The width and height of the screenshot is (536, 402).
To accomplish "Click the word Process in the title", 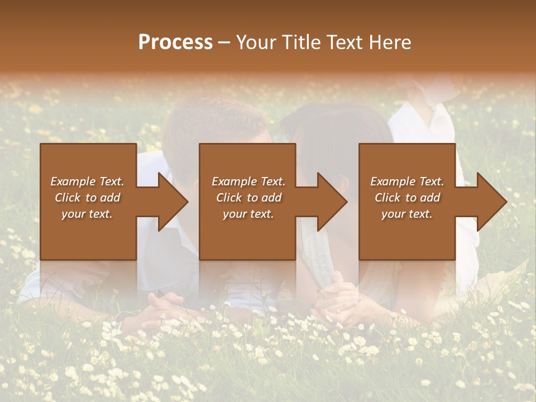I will (175, 42).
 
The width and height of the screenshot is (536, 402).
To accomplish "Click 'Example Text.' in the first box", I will (87, 181).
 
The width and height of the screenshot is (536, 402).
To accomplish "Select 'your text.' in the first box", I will (87, 214).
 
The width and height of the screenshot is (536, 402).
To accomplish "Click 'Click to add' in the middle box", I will (248, 198).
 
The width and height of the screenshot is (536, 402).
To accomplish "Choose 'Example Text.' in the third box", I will (407, 181).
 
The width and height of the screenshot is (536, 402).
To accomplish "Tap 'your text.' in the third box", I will (407, 214).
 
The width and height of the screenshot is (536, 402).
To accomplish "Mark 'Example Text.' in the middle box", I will (248, 181).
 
